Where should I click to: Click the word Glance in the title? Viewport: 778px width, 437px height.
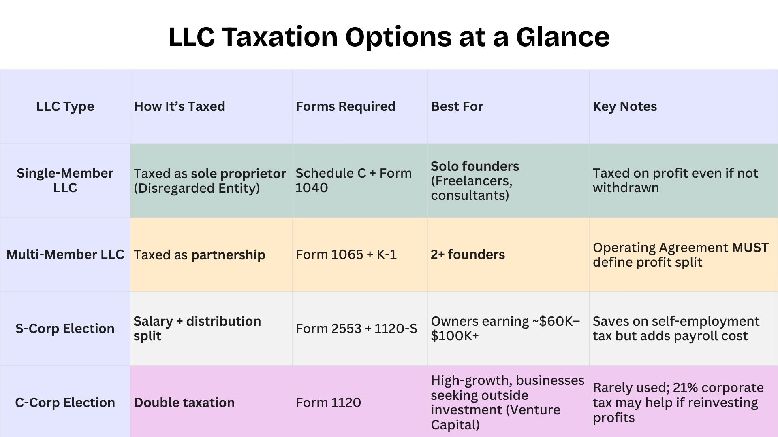562,37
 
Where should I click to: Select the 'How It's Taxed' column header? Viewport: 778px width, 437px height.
179,106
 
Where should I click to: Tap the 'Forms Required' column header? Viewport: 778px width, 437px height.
345,106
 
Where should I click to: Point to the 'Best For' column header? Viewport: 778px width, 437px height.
457,106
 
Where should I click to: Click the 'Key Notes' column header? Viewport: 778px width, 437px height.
624,106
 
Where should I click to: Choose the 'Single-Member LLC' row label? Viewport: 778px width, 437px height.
65,180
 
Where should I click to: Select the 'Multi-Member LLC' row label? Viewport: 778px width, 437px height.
65,255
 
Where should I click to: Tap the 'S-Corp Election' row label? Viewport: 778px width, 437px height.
65,329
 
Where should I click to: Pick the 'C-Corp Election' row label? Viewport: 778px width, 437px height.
65,403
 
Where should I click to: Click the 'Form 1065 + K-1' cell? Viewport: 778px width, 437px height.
346,255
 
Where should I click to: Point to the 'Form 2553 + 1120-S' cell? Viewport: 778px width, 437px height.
356,329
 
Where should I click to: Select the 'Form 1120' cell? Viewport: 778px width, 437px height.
328,403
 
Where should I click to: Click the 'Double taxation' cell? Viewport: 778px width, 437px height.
184,403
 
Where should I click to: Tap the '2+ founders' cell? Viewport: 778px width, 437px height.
468,255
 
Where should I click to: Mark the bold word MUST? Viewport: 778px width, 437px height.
750,248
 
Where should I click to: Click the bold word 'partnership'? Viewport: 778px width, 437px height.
228,255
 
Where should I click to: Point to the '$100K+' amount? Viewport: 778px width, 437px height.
455,336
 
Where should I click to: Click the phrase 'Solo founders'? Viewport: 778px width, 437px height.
474,166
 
